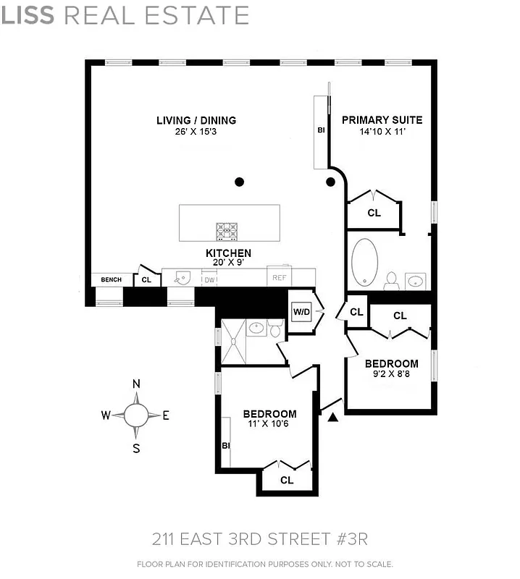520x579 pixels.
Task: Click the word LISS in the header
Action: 28,15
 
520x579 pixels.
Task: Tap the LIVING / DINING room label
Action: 196,120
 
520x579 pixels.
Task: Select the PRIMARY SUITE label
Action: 382,120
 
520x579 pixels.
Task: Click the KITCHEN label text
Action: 228,253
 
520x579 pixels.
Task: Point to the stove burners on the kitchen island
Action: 227,231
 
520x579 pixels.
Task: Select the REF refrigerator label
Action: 280,277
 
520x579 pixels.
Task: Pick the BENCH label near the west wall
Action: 111,279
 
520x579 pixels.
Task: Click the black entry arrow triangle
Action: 332,417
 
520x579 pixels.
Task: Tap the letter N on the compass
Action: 135,384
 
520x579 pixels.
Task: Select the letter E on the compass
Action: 166,415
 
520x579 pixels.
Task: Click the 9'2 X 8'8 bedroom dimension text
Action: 391,374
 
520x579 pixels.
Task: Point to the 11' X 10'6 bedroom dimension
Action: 269,424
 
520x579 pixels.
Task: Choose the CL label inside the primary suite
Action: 374,213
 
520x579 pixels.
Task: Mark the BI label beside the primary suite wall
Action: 320,131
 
